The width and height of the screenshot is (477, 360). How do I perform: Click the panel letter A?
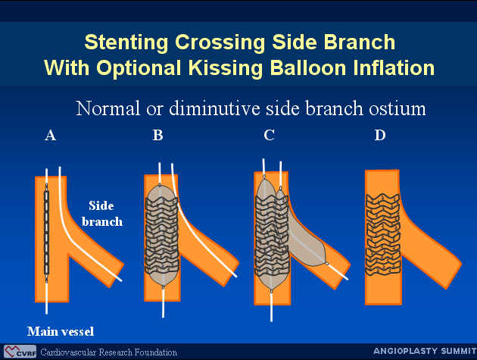click(x=51, y=135)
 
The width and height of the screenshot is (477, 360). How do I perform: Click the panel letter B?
click(x=157, y=135)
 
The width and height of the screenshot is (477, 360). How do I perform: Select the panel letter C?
click(x=270, y=135)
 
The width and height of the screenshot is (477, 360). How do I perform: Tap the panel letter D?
click(x=380, y=135)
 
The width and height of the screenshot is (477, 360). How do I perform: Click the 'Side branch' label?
click(x=102, y=214)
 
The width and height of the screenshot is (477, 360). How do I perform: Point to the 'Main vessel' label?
click(x=61, y=331)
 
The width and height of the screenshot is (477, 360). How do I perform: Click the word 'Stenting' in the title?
click(x=126, y=42)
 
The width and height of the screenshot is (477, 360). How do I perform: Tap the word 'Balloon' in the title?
click(x=308, y=67)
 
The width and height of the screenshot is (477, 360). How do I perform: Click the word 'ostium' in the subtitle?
click(x=397, y=108)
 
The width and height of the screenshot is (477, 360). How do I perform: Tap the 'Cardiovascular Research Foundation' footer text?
click(x=108, y=352)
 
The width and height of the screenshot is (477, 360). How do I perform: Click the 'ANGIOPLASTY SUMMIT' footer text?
click(x=425, y=351)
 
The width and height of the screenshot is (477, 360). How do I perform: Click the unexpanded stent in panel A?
click(x=46, y=233)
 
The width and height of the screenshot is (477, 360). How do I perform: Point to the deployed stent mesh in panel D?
click(x=382, y=234)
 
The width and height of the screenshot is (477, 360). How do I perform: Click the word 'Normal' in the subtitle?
click(x=108, y=108)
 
